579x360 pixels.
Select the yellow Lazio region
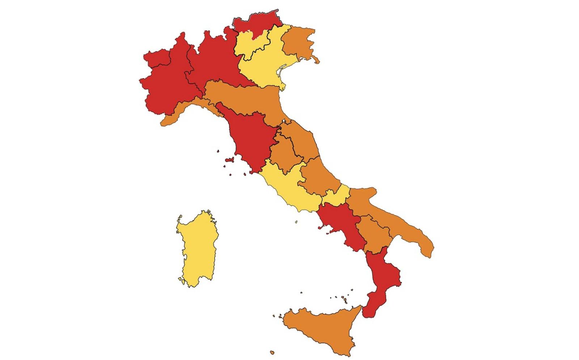click(x=289, y=188)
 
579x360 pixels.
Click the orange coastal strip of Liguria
click(x=181, y=110)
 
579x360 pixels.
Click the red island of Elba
click(x=229, y=160)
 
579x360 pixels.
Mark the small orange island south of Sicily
click(x=272, y=352)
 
